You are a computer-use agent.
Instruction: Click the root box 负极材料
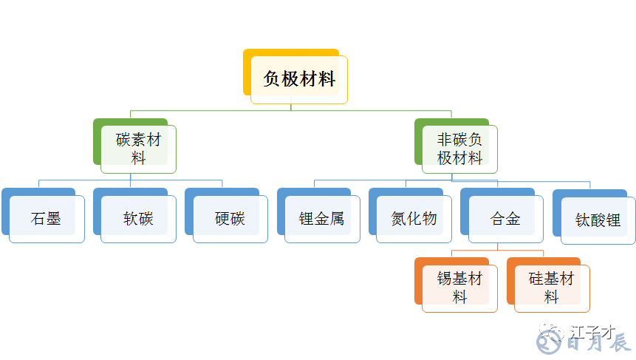[299, 80]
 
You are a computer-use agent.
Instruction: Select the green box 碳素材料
[138, 149]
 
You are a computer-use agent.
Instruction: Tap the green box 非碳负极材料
[459, 149]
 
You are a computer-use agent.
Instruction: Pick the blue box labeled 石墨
[47, 219]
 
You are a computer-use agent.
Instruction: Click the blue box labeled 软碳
[138, 219]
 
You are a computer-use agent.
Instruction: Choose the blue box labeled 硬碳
[230, 219]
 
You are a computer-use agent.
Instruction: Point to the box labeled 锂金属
[322, 219]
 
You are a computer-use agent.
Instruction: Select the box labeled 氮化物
[414, 219]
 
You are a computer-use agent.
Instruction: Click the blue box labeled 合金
[505, 219]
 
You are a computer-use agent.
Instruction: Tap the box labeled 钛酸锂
[598, 220]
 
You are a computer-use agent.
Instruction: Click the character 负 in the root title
[272, 80]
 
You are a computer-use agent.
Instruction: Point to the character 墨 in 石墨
[54, 219]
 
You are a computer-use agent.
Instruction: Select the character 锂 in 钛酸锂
[612, 220]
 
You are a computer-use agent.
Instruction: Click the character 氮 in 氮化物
[399, 219]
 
